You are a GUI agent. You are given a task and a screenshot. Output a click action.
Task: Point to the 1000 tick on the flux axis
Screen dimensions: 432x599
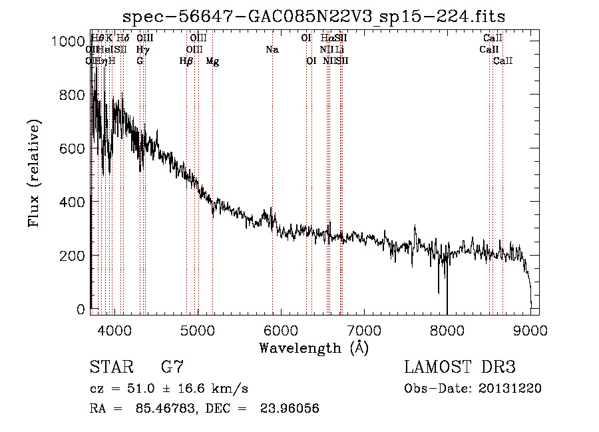[x=68, y=41]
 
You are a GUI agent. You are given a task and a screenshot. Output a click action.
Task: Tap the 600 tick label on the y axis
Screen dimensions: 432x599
[x=71, y=148]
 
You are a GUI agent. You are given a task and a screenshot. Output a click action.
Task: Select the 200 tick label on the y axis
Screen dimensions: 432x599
[x=71, y=256]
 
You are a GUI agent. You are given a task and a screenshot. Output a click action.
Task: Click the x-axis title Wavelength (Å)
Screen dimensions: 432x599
[x=313, y=347]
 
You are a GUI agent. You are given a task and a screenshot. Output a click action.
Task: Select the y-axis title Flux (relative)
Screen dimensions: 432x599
[x=34, y=173]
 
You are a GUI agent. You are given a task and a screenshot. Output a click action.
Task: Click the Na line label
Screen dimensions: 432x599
[x=272, y=49]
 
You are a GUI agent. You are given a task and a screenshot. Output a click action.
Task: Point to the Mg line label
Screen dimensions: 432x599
[x=212, y=61]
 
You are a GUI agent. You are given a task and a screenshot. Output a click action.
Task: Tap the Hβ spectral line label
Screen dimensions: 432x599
[x=186, y=61]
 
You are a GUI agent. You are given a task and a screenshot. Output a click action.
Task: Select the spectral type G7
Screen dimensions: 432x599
[x=172, y=367]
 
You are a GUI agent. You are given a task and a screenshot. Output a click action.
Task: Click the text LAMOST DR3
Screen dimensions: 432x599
[x=460, y=367]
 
